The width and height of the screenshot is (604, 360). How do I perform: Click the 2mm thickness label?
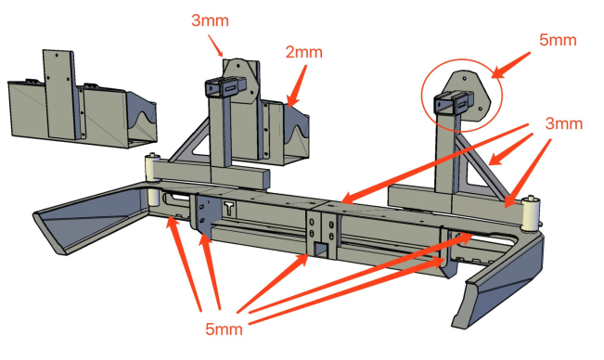coord(304,52)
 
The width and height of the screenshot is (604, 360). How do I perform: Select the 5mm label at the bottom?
coord(224,329)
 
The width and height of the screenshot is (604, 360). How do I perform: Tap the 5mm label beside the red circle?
coord(558,40)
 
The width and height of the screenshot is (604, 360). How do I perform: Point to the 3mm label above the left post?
coord(210,20)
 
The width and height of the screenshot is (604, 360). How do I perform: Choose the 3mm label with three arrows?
coord(564,123)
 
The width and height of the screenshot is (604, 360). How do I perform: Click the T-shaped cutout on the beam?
coord(229,209)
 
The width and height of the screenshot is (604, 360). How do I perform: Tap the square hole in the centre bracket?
coord(320,250)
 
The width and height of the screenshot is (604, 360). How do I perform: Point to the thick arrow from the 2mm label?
coord(297,85)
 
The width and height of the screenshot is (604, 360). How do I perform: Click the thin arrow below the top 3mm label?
coord(215,45)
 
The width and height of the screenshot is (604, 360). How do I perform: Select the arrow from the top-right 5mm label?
coord(511,65)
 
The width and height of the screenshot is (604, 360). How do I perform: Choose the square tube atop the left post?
coord(225,88)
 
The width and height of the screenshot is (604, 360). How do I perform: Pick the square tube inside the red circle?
coord(454,102)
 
